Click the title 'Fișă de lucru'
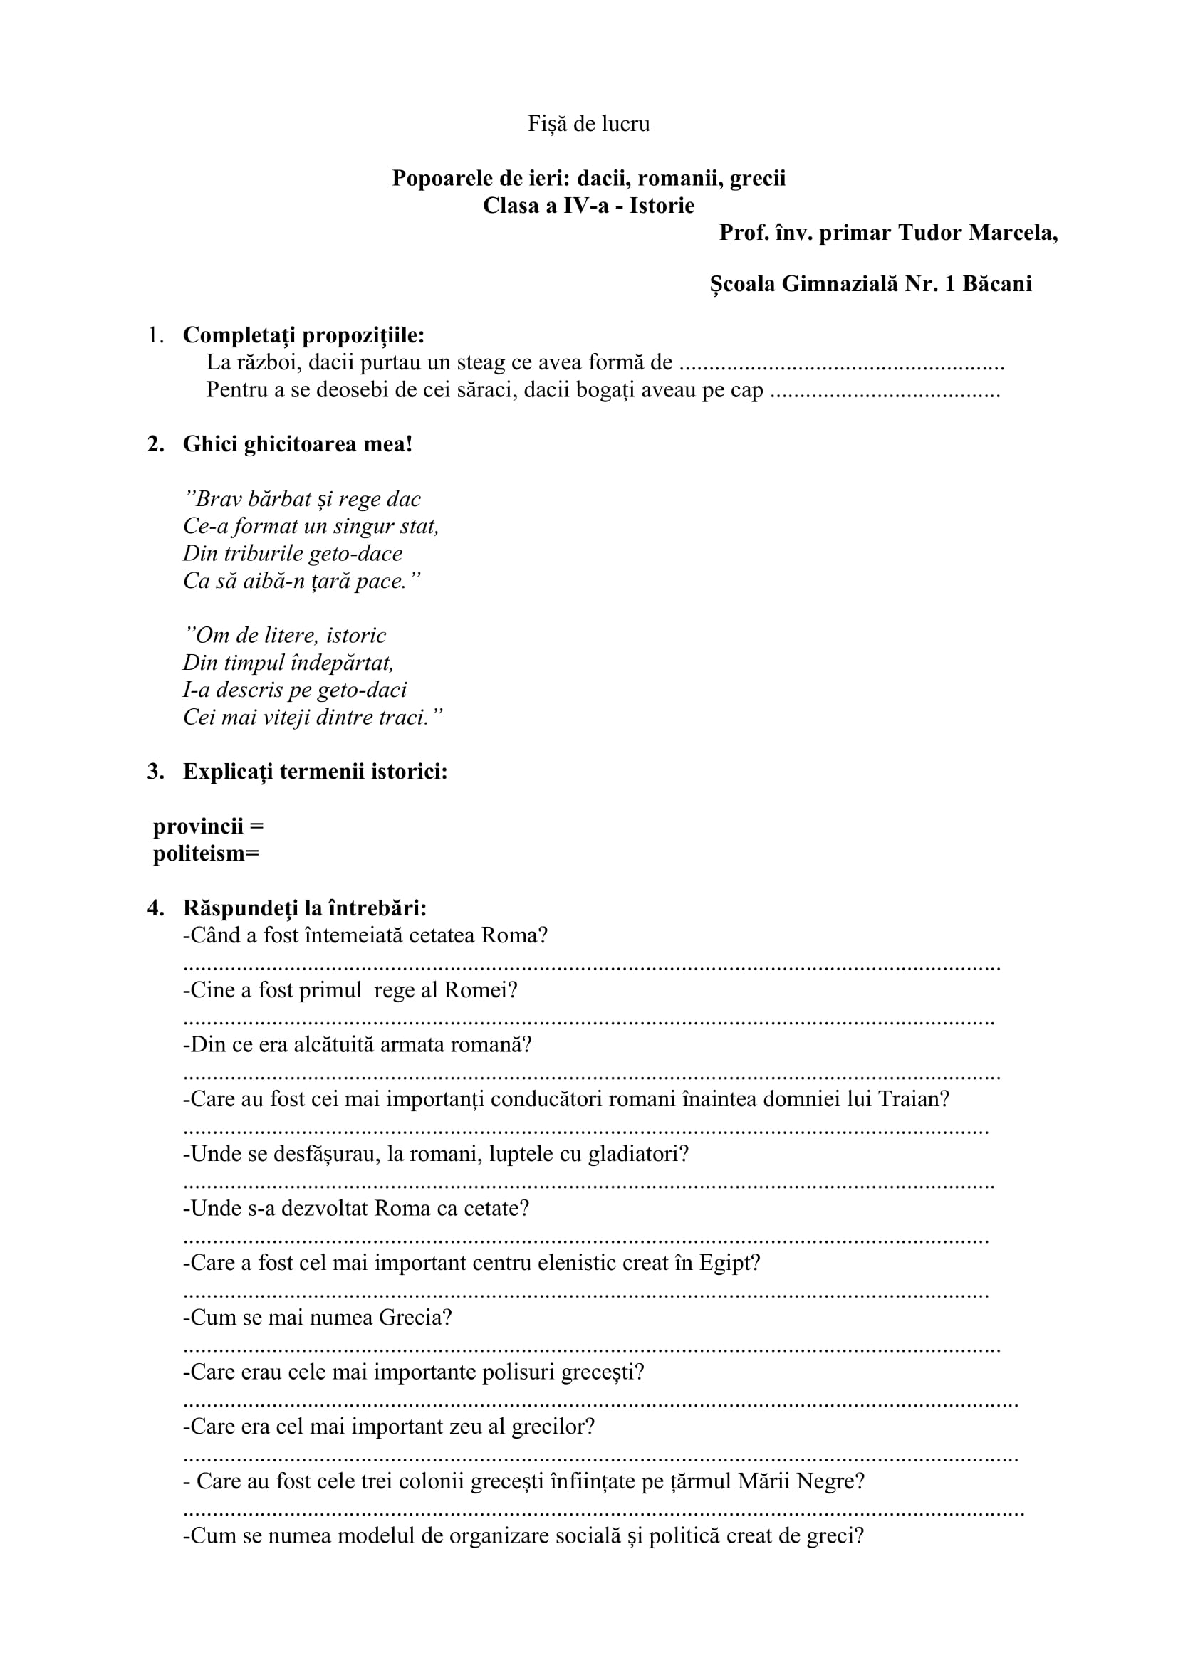click(588, 124)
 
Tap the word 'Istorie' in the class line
click(662, 206)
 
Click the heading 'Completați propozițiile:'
click(303, 335)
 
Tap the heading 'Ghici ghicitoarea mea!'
click(298, 443)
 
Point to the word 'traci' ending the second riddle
click(404, 718)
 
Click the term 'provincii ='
click(208, 826)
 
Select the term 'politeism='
click(205, 853)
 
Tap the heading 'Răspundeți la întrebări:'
click(305, 908)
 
